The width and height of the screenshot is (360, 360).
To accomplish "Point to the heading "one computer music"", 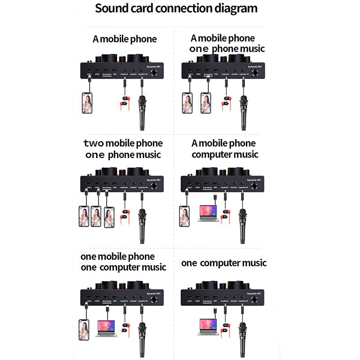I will point(224,263).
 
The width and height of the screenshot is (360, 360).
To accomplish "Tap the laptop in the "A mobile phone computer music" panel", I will point(208,214).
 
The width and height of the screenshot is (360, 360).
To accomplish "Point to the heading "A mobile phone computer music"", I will point(224,149).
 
